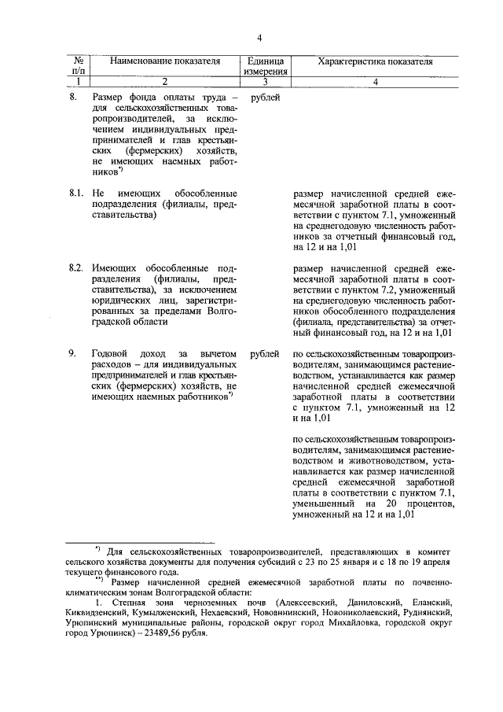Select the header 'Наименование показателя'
pyautogui.click(x=164, y=61)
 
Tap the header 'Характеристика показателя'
pyautogui.click(x=375, y=61)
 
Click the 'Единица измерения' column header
pyautogui.click(x=265, y=66)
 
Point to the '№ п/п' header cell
pyautogui.click(x=79, y=66)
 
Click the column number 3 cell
pyautogui.click(x=265, y=81)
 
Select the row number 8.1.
pyautogui.click(x=75, y=193)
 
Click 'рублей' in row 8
pyautogui.click(x=265, y=98)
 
